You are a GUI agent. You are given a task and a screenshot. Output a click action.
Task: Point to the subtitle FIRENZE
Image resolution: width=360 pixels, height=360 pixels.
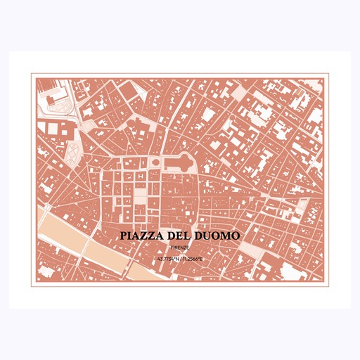point(179,247)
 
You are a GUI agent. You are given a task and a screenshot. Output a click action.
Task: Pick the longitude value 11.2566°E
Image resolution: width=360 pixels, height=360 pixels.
point(193,259)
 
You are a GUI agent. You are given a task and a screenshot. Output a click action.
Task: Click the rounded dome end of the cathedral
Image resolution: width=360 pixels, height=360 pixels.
point(191,163)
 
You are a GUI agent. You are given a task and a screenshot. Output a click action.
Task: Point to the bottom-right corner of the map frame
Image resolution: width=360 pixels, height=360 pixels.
point(327,284)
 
